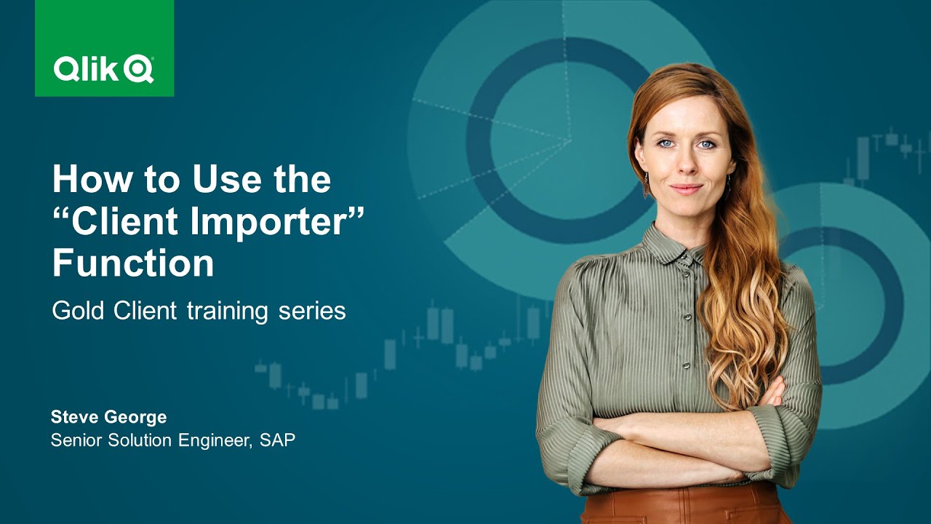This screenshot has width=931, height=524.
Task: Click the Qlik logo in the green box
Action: tap(103, 70)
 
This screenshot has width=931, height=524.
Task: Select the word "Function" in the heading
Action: tap(133, 263)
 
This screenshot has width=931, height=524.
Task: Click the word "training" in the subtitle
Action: tap(227, 311)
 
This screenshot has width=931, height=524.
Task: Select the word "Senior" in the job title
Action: tap(76, 440)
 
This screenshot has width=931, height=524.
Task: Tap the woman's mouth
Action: tap(686, 188)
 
